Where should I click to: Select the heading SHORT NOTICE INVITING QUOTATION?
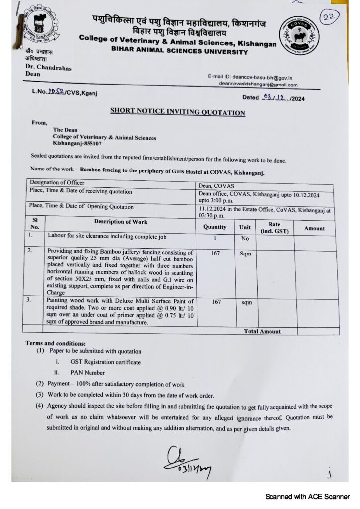tap(178, 112)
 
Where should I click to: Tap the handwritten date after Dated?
tap(276, 98)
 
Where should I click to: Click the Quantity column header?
tap(215, 227)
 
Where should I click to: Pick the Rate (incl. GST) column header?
tap(274, 228)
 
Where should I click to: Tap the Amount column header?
tap(314, 228)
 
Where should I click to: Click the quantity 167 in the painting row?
tap(215, 302)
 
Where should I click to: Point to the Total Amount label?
tap(262, 331)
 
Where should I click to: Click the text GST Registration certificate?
tap(105, 362)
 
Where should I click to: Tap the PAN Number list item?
tap(88, 372)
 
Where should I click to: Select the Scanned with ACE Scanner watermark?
tap(307, 496)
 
